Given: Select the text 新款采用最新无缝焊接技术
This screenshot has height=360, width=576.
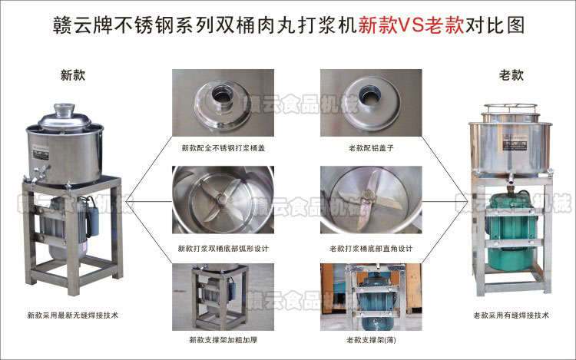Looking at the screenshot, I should point(71,315).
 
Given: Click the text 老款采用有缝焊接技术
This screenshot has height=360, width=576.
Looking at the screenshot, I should point(512,315).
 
